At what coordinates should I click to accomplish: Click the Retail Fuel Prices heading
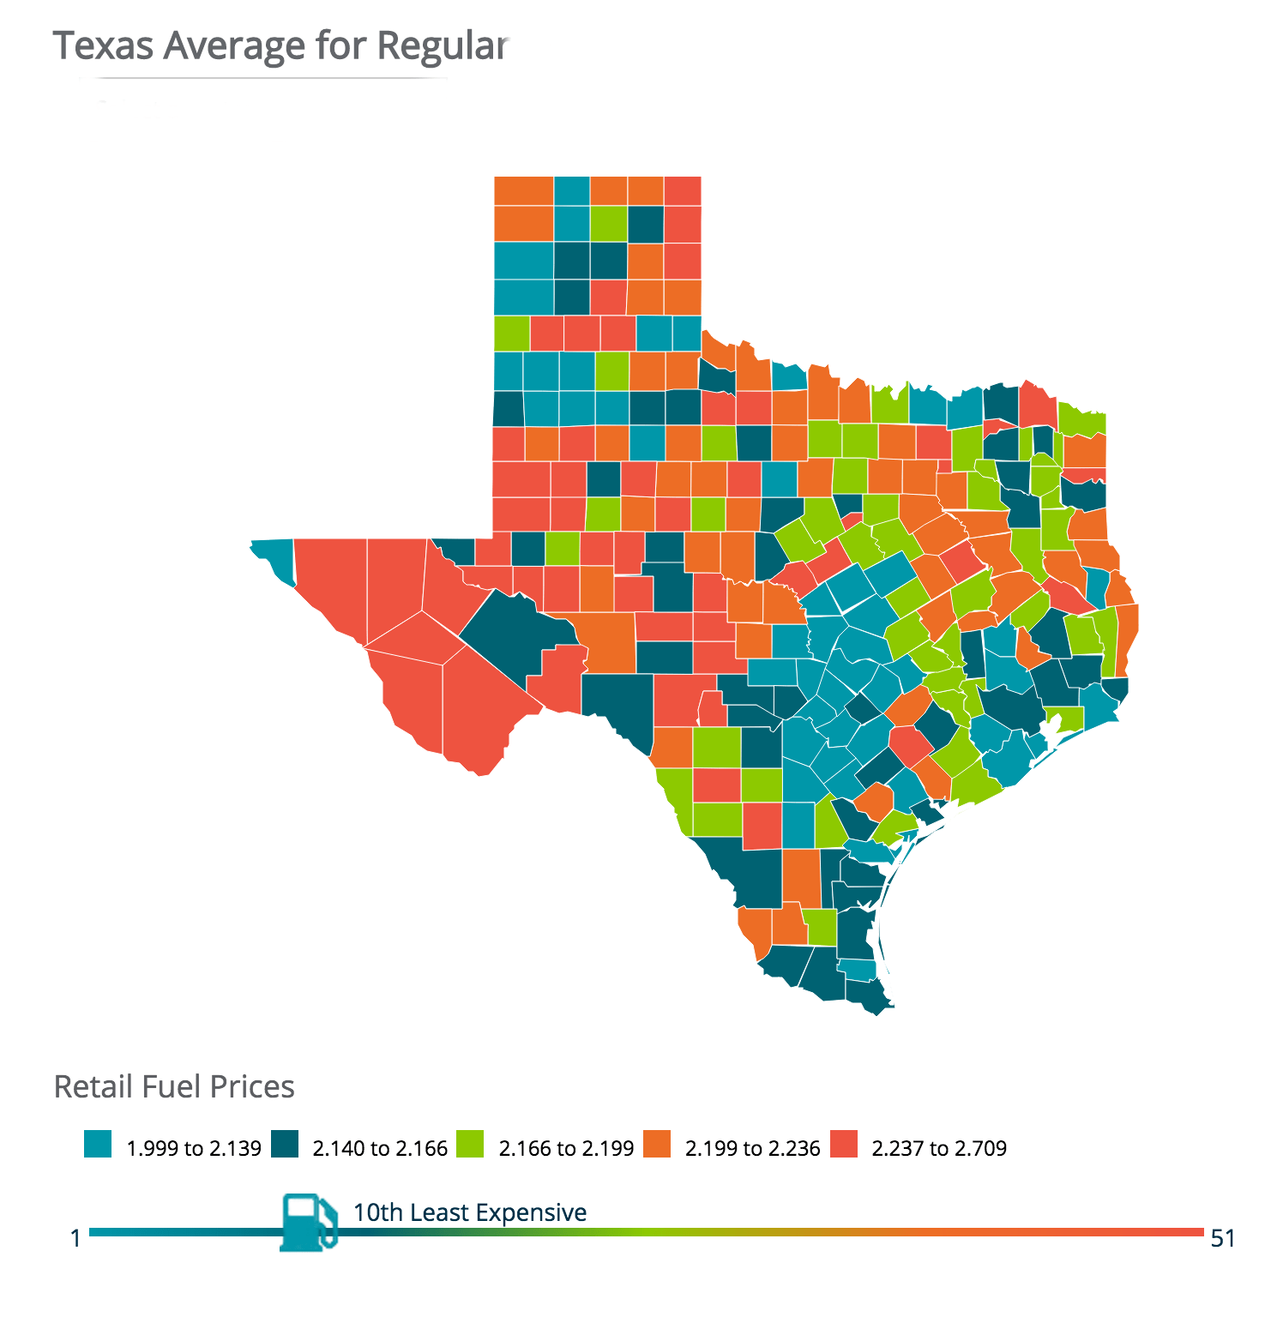click(174, 1087)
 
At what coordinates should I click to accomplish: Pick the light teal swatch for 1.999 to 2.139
click(98, 1145)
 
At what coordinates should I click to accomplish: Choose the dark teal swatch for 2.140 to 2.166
click(285, 1145)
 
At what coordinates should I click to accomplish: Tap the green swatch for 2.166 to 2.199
click(470, 1145)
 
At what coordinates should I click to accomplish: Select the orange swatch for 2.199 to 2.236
click(657, 1145)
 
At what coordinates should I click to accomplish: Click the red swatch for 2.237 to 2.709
click(844, 1145)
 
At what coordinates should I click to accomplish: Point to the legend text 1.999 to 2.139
click(194, 1149)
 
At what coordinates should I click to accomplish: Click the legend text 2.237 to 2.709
click(939, 1149)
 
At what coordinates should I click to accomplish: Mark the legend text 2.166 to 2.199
click(566, 1149)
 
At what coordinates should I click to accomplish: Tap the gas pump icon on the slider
click(307, 1222)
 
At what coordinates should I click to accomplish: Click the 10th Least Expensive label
click(470, 1212)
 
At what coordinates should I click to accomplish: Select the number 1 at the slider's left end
click(75, 1238)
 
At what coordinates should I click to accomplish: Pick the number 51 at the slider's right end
click(1223, 1238)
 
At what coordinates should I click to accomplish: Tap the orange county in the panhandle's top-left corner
click(523, 190)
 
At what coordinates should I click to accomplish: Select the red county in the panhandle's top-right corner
click(683, 190)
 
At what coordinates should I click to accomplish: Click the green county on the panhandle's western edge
click(511, 333)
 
